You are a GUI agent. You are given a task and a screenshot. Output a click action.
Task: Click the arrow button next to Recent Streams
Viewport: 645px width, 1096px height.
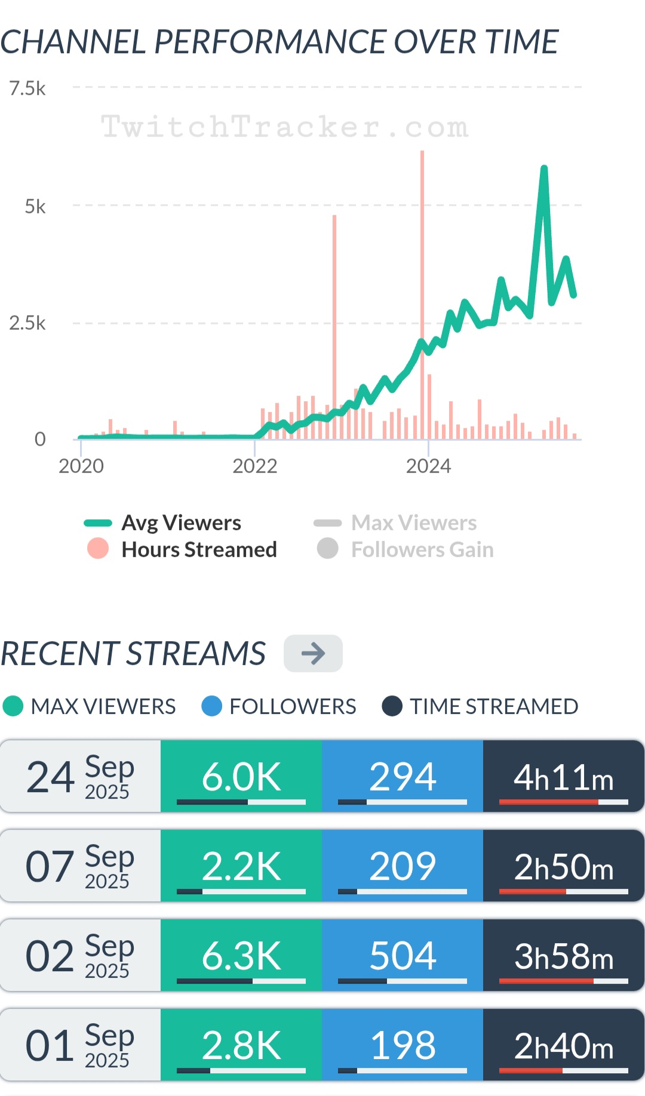tap(313, 653)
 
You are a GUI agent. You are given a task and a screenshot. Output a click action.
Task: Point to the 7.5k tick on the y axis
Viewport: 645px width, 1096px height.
tap(27, 88)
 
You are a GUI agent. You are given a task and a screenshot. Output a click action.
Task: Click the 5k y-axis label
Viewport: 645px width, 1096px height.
tap(35, 207)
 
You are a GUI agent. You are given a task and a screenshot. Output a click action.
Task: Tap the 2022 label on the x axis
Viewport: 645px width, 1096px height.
tap(255, 466)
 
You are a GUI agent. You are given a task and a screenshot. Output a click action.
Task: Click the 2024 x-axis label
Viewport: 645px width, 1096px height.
tap(428, 466)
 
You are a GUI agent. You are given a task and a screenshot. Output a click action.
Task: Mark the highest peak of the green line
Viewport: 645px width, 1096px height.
tap(544, 169)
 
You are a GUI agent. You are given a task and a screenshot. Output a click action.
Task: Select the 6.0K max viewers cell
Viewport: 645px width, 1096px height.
tap(241, 776)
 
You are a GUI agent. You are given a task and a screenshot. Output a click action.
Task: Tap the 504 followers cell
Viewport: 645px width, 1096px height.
tap(403, 955)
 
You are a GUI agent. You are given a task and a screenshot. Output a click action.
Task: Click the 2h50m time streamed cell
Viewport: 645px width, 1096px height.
tap(564, 866)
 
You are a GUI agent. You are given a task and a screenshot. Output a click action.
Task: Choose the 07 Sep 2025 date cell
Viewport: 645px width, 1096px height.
tap(80, 866)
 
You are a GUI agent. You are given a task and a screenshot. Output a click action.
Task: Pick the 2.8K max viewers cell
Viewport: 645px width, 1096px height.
tap(241, 1045)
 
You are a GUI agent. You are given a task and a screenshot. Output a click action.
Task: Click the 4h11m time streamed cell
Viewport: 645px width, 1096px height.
tap(564, 776)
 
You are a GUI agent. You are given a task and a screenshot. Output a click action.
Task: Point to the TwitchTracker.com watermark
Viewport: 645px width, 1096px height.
tap(285, 127)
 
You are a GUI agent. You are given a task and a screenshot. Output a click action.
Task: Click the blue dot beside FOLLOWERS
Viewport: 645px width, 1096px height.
tap(212, 706)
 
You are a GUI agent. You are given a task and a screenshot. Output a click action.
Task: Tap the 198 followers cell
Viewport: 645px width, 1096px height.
tap(403, 1045)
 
